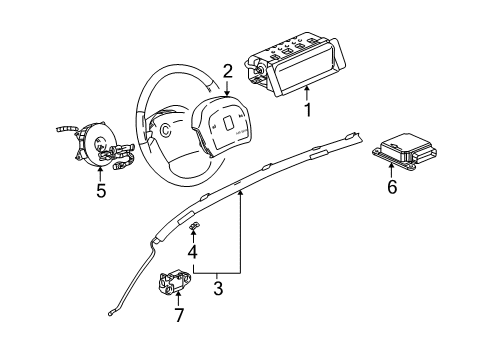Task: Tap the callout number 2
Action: click(228, 70)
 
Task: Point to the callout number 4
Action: click(193, 252)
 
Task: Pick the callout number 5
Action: click(101, 190)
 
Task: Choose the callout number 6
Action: click(391, 186)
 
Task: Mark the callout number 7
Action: click(179, 317)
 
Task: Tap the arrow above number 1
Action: click(306, 93)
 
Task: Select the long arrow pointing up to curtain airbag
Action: click(241, 230)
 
